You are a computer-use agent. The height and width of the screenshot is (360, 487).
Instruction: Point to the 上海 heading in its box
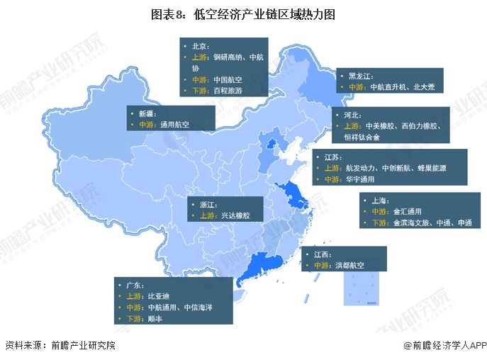pyautogui.click(x=379, y=201)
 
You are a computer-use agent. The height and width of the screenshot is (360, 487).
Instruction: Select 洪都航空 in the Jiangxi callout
pyautogui.click(x=349, y=265)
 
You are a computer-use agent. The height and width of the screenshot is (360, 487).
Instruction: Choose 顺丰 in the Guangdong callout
pyautogui.click(x=156, y=319)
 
